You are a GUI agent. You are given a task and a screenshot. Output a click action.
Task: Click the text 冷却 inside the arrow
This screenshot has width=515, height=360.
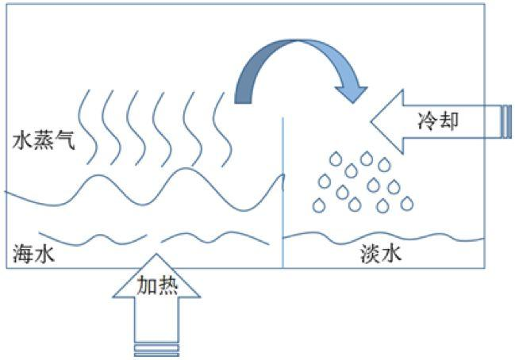coord(438,121)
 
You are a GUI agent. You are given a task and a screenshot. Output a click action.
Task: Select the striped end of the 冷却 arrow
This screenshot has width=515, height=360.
coord(505,121)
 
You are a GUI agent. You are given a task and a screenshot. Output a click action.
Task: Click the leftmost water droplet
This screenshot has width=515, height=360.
coord(319,205)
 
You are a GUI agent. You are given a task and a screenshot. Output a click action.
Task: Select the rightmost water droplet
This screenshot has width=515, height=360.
coord(407,203)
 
